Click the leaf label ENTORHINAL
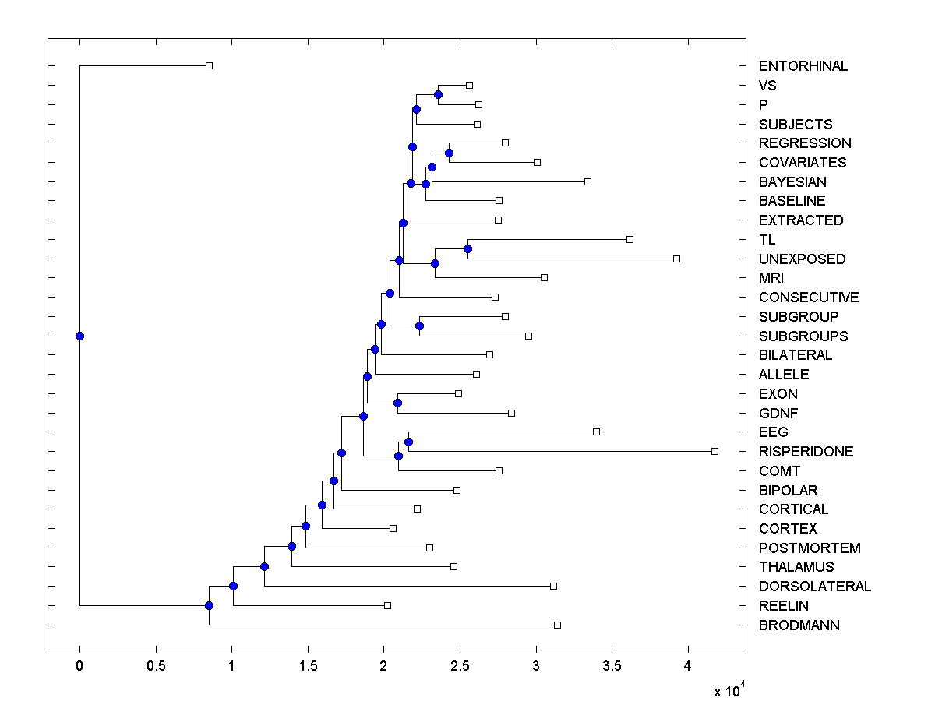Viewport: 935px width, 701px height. coord(803,66)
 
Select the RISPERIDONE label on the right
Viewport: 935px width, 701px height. coord(806,452)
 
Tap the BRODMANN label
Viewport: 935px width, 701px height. coord(799,625)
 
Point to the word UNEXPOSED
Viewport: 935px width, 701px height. coord(802,259)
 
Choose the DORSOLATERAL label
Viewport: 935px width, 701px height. coord(814,587)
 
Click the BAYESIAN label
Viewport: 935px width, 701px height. coord(792,181)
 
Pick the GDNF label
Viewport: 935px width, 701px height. coord(778,413)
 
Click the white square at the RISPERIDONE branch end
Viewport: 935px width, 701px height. coord(714,451)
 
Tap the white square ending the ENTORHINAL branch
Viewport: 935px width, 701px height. coord(209,66)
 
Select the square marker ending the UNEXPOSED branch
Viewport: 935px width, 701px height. coord(676,259)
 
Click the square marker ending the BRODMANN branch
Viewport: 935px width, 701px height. coord(557,625)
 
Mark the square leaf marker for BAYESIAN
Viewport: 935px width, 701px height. coord(587,181)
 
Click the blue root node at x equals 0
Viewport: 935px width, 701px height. coord(79,336)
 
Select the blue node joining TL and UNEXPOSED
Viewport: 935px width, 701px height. coord(467,248)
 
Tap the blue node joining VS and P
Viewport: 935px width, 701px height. coord(439,94)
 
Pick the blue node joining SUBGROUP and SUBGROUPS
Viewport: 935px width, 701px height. coord(419,326)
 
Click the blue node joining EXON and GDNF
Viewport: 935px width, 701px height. coord(397,403)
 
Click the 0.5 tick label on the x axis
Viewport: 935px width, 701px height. coord(155,667)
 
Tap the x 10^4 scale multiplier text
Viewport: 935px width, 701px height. coord(729,690)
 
